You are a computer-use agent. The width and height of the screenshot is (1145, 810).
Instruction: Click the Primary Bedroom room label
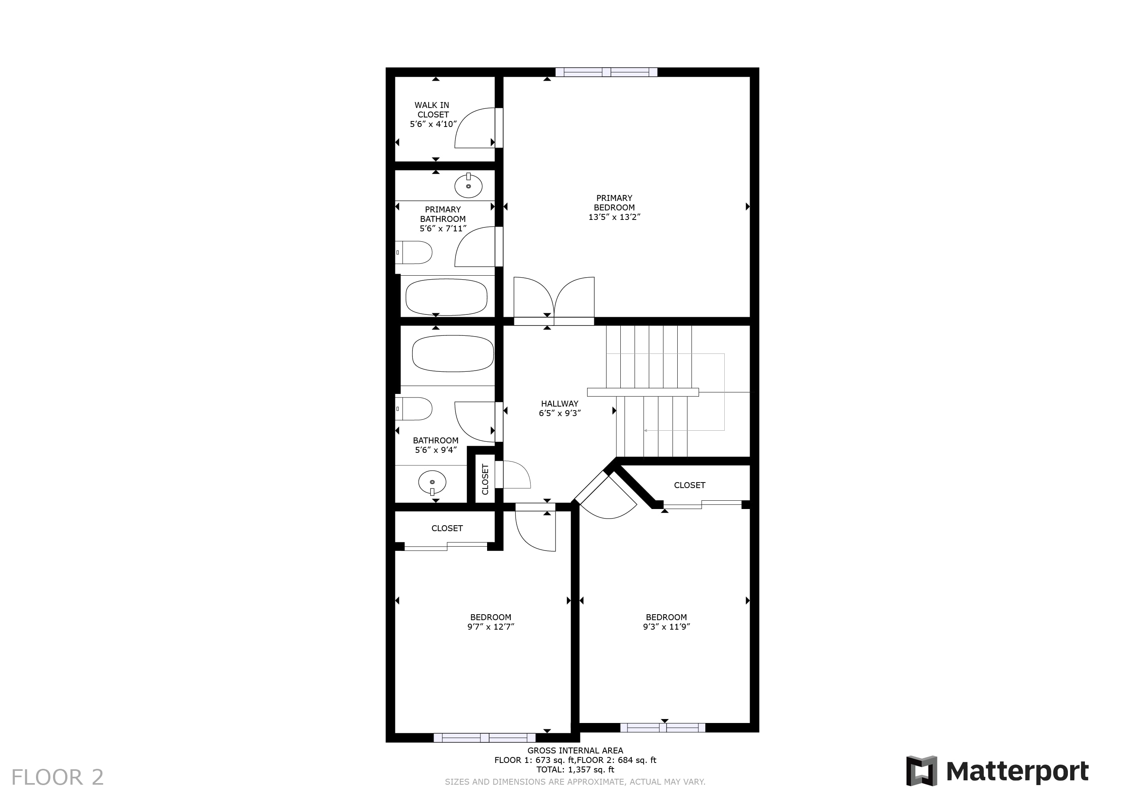[614, 208]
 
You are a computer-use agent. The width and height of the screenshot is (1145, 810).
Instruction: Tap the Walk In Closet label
[433, 115]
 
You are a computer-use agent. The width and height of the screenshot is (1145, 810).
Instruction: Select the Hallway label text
[559, 403]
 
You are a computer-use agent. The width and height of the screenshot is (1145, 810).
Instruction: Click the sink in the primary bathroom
[468, 185]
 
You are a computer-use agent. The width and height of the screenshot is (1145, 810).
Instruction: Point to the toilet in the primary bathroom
[414, 252]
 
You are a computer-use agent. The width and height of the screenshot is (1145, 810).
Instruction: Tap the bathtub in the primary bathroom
[446, 297]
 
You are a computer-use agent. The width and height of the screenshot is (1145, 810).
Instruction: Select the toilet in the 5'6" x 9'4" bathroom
[414, 409]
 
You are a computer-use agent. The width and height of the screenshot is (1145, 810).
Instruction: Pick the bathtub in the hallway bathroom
[453, 354]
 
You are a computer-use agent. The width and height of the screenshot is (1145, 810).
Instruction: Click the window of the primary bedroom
[607, 72]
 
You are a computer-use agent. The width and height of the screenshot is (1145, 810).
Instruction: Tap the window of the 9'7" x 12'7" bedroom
[484, 738]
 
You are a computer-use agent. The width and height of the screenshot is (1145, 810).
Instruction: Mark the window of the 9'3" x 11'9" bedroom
[663, 728]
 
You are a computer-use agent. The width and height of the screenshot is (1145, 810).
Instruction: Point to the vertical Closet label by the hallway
[485, 479]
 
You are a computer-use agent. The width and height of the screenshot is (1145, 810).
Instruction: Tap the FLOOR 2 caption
[57, 777]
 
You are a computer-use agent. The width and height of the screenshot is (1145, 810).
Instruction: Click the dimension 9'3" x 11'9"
[666, 627]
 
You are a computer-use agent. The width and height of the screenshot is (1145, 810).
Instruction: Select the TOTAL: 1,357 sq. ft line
[575, 770]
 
